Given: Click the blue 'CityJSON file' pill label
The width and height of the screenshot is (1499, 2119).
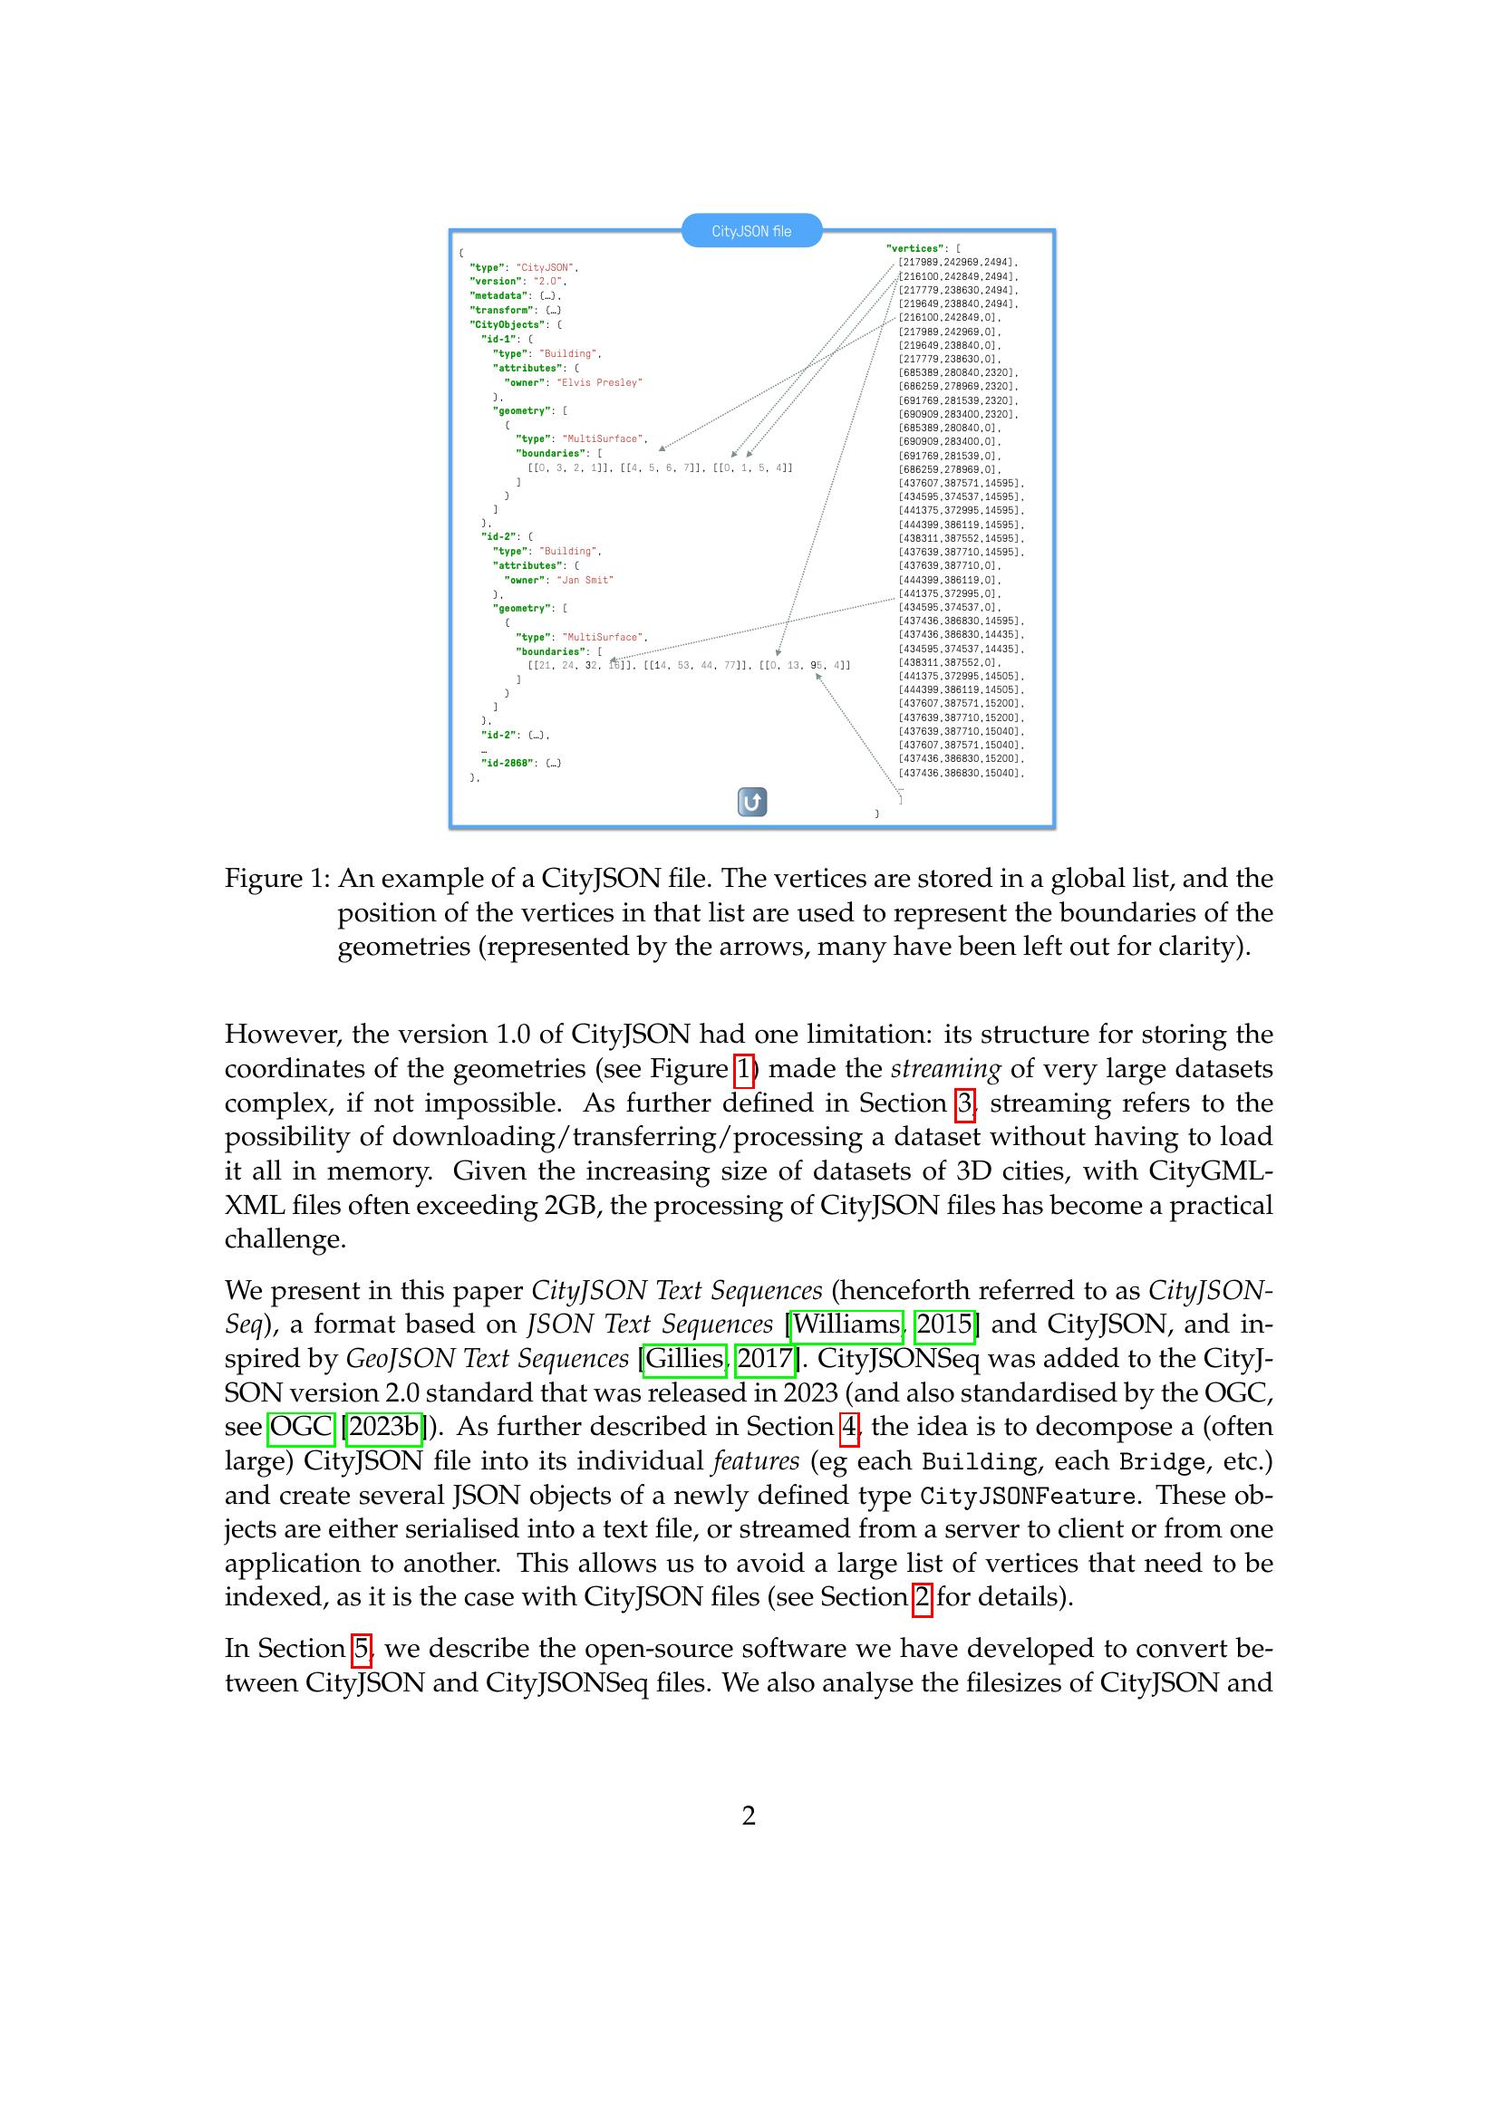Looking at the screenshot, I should coord(750,231).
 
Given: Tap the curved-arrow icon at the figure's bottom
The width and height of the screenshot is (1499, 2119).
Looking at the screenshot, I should coord(752,802).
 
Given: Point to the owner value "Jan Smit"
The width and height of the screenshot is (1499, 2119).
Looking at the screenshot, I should coord(585,580).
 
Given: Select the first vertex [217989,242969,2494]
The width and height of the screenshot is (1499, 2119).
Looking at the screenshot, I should coord(956,262).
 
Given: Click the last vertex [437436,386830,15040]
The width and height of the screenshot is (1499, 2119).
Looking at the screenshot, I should coord(960,773).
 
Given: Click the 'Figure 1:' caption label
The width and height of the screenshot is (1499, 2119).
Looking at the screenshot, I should coord(277,878).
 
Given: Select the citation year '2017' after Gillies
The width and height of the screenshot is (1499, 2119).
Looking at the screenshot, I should coord(764,1359).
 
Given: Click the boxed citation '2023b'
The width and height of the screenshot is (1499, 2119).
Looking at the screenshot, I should coord(384,1427).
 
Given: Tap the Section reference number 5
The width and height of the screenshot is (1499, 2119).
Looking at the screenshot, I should coord(362,1648).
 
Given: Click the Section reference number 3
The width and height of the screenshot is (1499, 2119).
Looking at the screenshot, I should coord(964,1103).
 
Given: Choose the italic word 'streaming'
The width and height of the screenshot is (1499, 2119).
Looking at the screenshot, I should coord(944,1069).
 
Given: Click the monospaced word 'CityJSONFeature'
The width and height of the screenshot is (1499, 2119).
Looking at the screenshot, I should coord(1028,1495).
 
